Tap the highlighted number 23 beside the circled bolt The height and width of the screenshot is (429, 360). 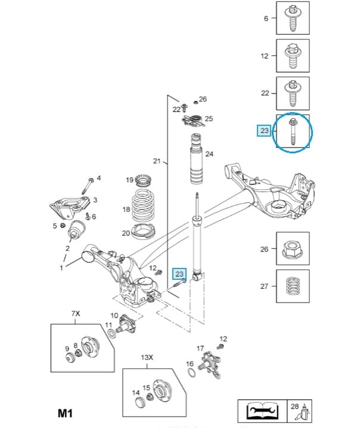click(264, 130)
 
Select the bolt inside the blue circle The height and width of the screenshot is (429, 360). click(294, 132)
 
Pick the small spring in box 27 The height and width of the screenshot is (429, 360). click(292, 285)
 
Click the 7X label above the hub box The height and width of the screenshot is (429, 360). click(75, 313)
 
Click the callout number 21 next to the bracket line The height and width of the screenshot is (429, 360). click(157, 161)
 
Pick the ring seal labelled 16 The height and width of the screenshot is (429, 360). click(190, 373)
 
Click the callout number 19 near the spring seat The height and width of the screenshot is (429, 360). click(129, 180)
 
